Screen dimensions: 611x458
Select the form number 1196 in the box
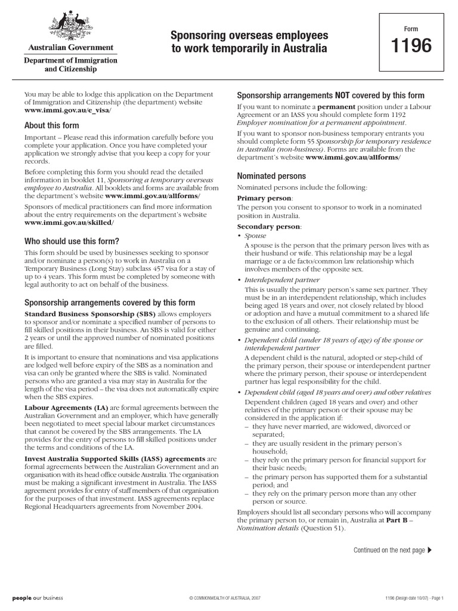[x=411, y=46]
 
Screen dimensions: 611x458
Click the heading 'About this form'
[x=51, y=126]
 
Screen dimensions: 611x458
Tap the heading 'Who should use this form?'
[x=72, y=241]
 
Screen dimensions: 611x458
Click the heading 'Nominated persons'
[x=271, y=177]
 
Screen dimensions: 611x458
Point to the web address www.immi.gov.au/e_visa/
[x=67, y=111]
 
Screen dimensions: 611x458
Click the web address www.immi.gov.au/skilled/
[x=69, y=223]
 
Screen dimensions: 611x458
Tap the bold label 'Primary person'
[x=265, y=198]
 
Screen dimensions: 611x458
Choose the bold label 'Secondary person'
[x=269, y=227]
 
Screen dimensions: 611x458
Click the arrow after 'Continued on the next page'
[x=431, y=550]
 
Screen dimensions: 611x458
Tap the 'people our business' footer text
[x=38, y=597]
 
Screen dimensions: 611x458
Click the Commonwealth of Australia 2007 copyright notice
[x=225, y=598]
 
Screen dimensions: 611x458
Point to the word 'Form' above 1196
[x=411, y=28]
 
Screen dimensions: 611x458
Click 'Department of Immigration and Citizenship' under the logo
[x=70, y=65]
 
